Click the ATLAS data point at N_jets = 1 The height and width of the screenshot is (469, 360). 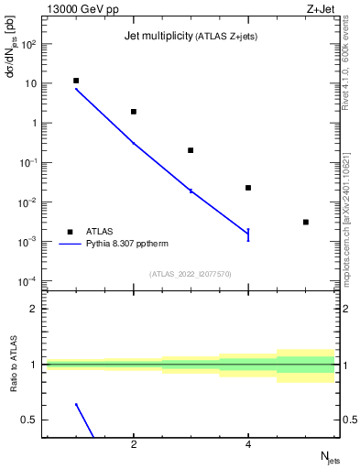pyautogui.click(x=76, y=81)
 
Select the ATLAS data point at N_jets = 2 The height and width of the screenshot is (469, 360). pyautogui.click(x=134, y=112)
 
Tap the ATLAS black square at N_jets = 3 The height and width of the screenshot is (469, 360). pyautogui.click(x=191, y=150)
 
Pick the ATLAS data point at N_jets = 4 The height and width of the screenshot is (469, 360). pyautogui.click(x=248, y=188)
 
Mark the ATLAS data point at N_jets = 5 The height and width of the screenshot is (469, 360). pyautogui.click(x=306, y=222)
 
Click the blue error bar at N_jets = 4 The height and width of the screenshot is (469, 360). pyautogui.click(x=248, y=234)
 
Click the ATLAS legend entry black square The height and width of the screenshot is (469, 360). pyautogui.click(x=70, y=232)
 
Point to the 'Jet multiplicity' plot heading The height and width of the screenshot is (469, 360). pyautogui.click(x=157, y=36)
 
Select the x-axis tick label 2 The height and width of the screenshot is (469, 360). pyautogui.click(x=134, y=446)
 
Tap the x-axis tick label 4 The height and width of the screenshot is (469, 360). pyautogui.click(x=248, y=446)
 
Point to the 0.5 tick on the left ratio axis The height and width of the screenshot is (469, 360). pyautogui.click(x=32, y=420)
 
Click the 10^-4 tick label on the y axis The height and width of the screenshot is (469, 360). pyautogui.click(x=28, y=280)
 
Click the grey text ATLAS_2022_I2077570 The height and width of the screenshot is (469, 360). pyautogui.click(x=191, y=272)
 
